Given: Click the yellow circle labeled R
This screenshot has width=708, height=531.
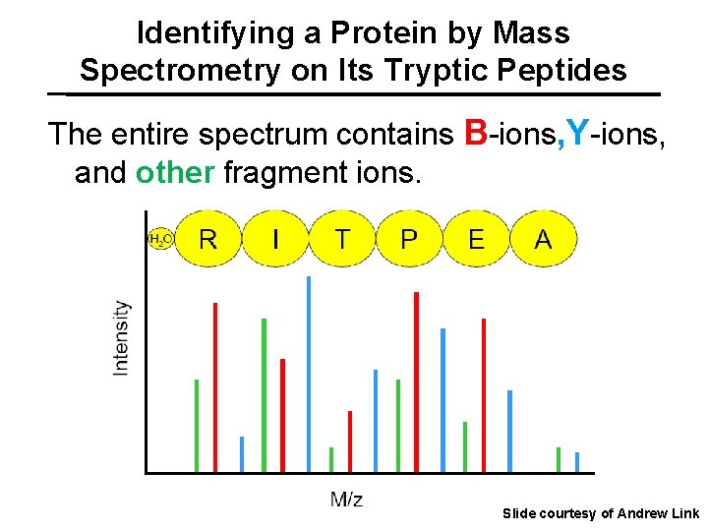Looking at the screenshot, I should [208, 239].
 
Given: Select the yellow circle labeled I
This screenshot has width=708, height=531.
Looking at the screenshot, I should [275, 239].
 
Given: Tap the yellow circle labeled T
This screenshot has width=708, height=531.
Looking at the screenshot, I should [342, 239].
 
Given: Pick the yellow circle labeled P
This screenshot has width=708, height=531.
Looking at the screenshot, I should [409, 239].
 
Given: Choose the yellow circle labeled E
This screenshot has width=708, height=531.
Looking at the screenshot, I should [476, 239].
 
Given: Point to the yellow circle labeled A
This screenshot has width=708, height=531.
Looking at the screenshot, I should [543, 239].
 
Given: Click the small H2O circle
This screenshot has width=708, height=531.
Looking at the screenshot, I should [159, 239].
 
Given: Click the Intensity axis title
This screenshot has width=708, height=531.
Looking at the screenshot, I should [121, 337].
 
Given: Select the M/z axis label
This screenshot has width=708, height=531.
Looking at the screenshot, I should [346, 500].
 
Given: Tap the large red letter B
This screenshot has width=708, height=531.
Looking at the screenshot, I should [476, 132].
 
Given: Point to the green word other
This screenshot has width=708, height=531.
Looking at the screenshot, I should [175, 173].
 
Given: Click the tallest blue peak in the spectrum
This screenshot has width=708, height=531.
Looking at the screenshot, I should [309, 374].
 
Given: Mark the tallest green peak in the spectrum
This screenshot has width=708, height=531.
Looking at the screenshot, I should [264, 393].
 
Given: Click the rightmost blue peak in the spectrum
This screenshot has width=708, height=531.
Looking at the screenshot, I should [577, 461].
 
